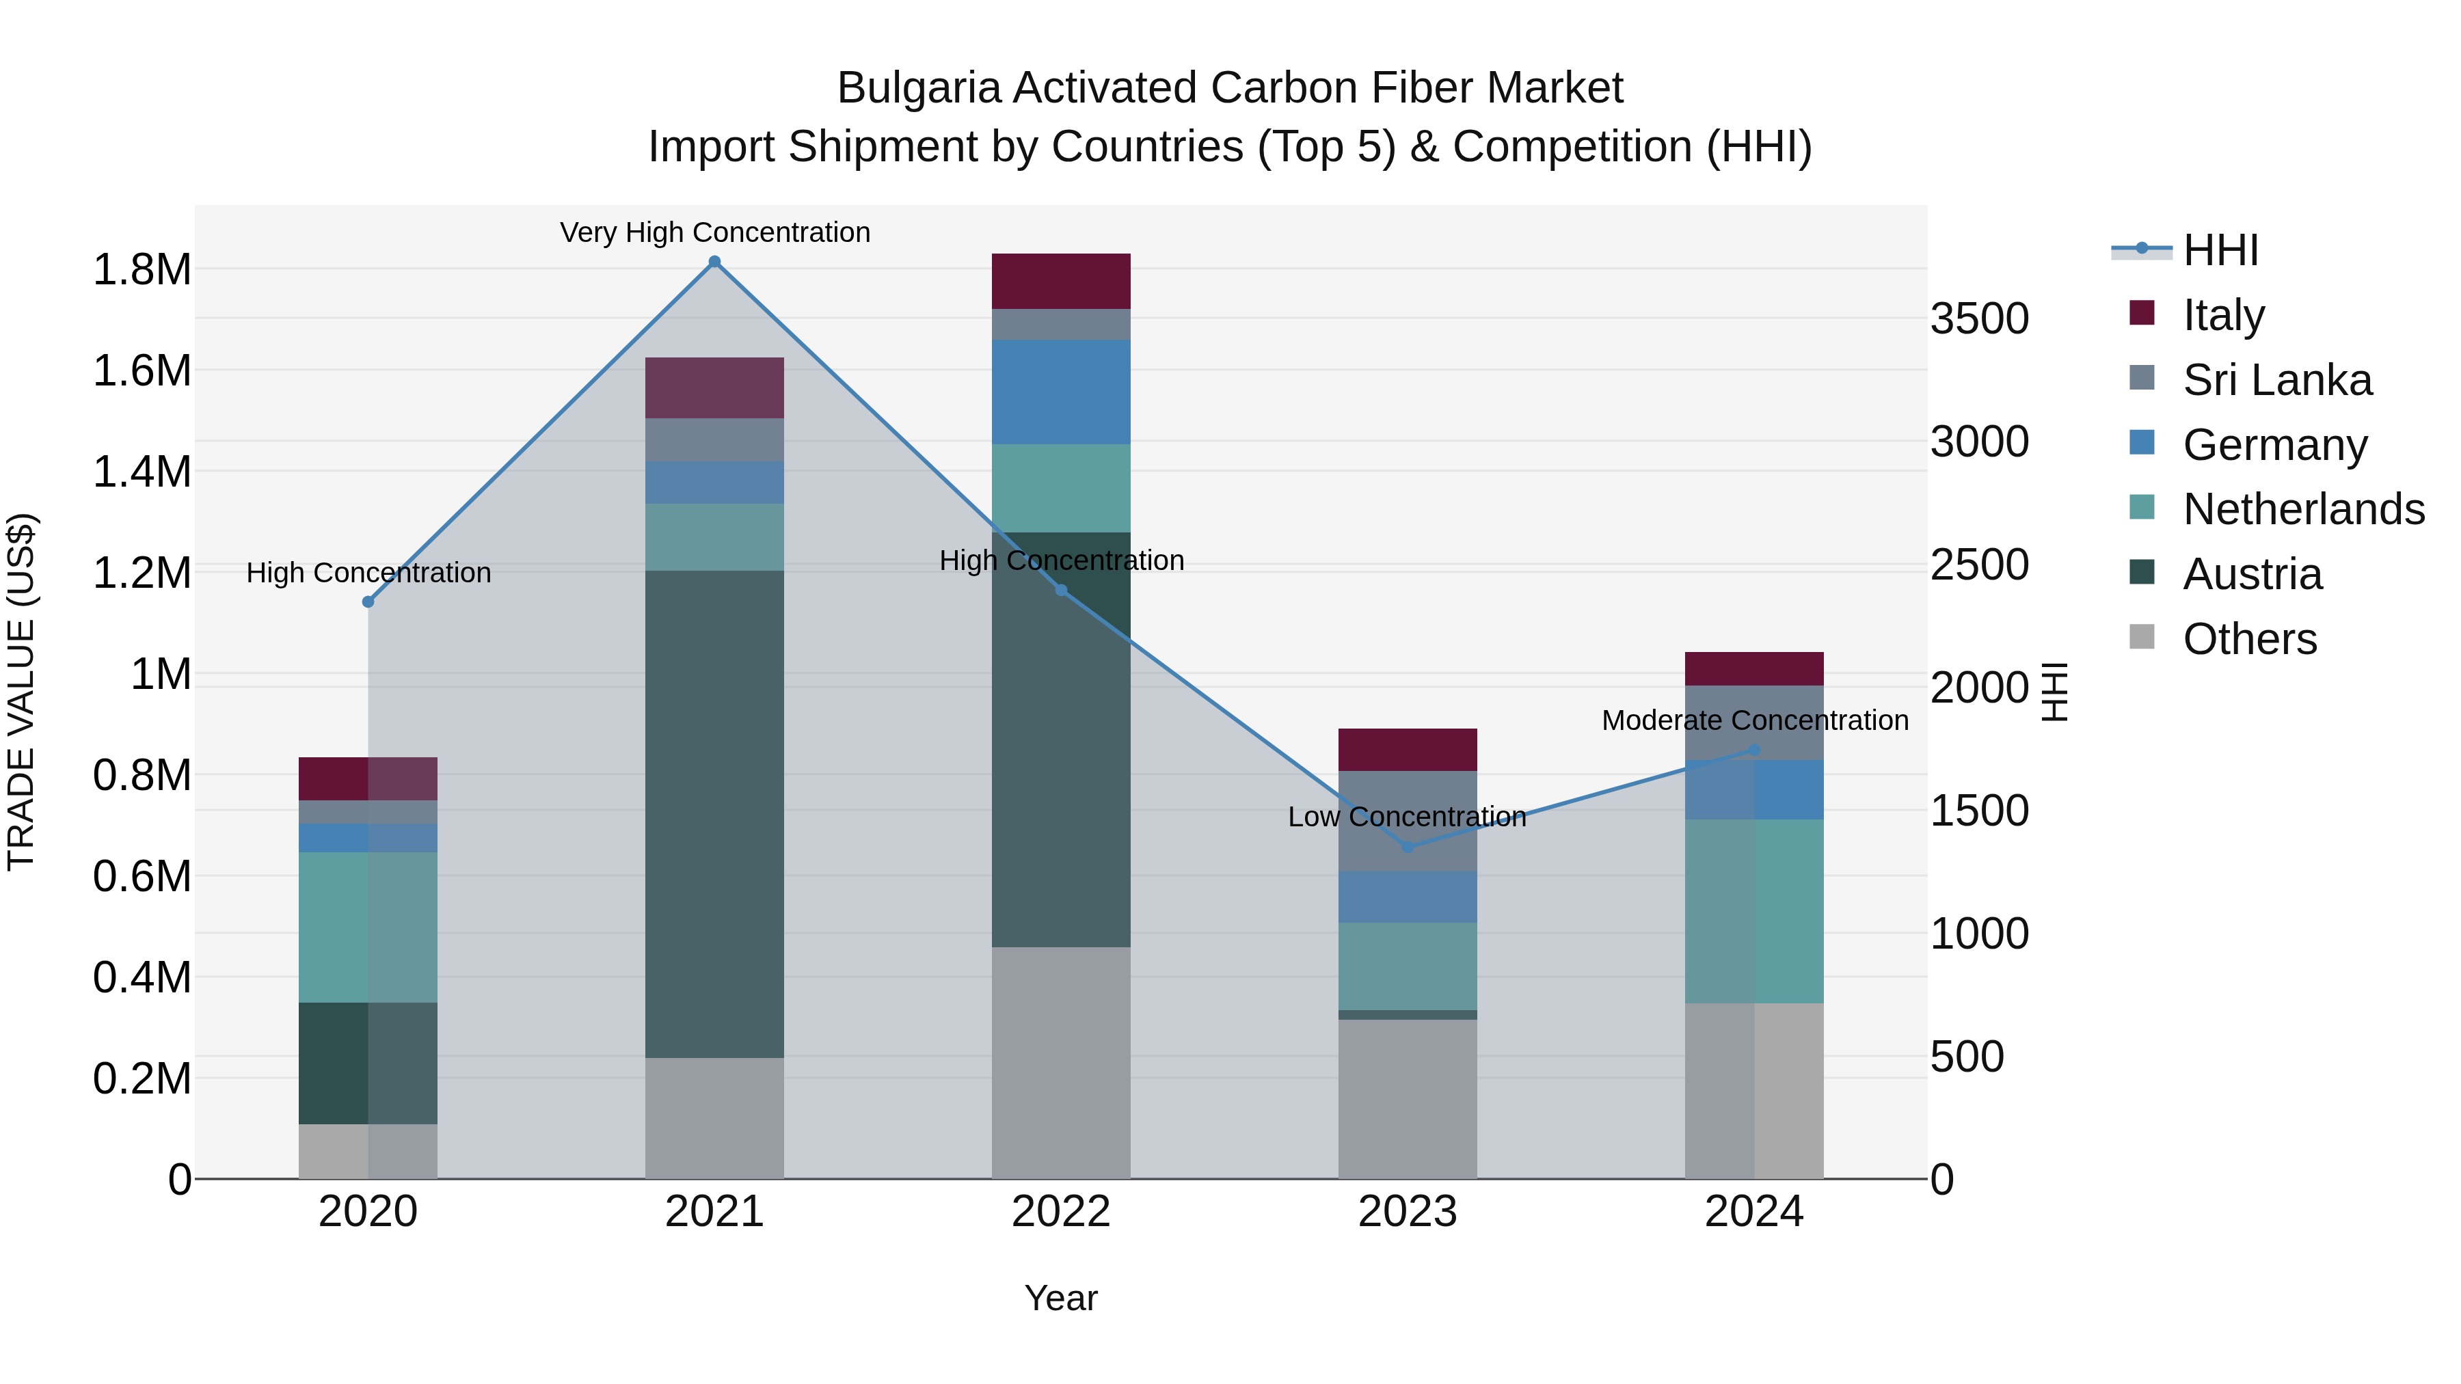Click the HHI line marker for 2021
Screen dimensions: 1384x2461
tap(714, 262)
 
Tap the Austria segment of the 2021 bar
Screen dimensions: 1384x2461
tap(714, 813)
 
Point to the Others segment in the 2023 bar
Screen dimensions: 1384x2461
tap(1408, 1098)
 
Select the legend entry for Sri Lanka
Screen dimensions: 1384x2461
tap(2276, 380)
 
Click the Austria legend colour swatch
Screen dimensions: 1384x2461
tap(2142, 573)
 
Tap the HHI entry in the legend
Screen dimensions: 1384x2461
tap(2220, 250)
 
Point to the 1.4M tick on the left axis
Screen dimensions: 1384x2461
tap(142, 472)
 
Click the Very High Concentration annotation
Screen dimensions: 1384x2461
tap(714, 232)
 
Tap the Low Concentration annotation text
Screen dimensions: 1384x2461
tap(1408, 817)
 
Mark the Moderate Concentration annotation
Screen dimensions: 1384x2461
tap(1754, 720)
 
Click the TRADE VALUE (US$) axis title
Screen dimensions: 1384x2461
tap(21, 692)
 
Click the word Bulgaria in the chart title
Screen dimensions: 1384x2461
tap(918, 88)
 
